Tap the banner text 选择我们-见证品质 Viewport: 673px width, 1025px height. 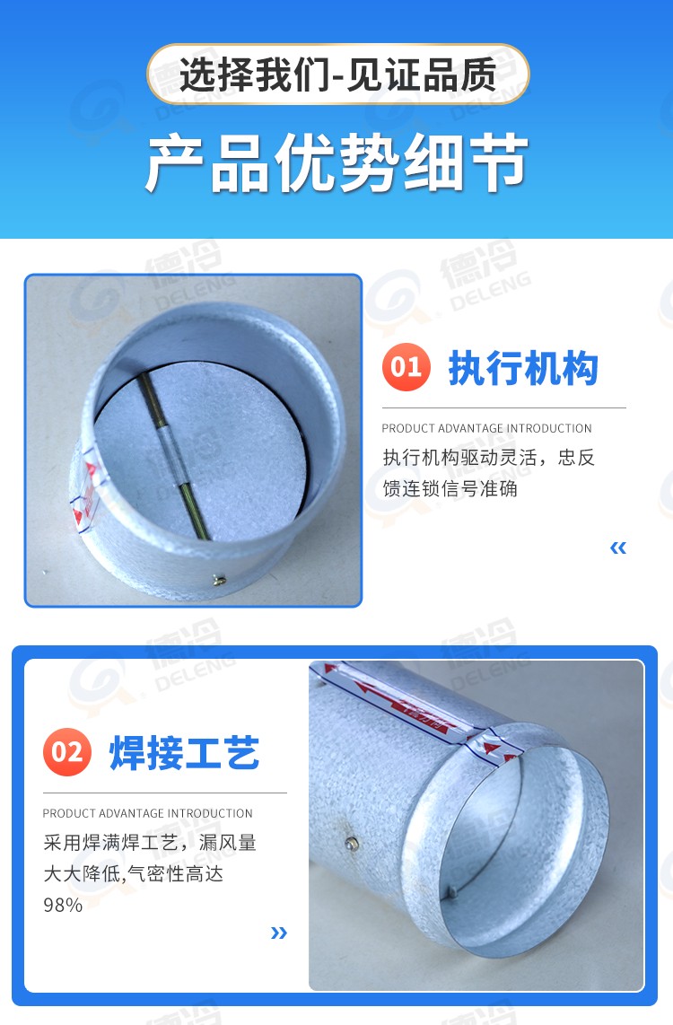click(337, 74)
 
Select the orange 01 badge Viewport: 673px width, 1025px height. click(406, 366)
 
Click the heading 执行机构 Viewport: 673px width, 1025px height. click(523, 368)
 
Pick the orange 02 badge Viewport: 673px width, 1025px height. click(67, 750)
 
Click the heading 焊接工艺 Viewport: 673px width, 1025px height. click(184, 752)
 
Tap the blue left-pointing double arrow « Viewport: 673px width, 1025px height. click(617, 548)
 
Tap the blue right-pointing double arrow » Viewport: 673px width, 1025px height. click(279, 933)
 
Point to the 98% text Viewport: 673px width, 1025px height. click(63, 905)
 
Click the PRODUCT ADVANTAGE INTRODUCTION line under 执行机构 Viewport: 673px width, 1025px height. click(486, 428)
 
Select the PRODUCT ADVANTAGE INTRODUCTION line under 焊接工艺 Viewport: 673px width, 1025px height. click(148, 813)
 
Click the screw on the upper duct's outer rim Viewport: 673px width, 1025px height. click(219, 583)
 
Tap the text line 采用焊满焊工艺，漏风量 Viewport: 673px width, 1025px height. click(150, 843)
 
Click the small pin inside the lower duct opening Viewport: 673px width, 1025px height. click(450, 891)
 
